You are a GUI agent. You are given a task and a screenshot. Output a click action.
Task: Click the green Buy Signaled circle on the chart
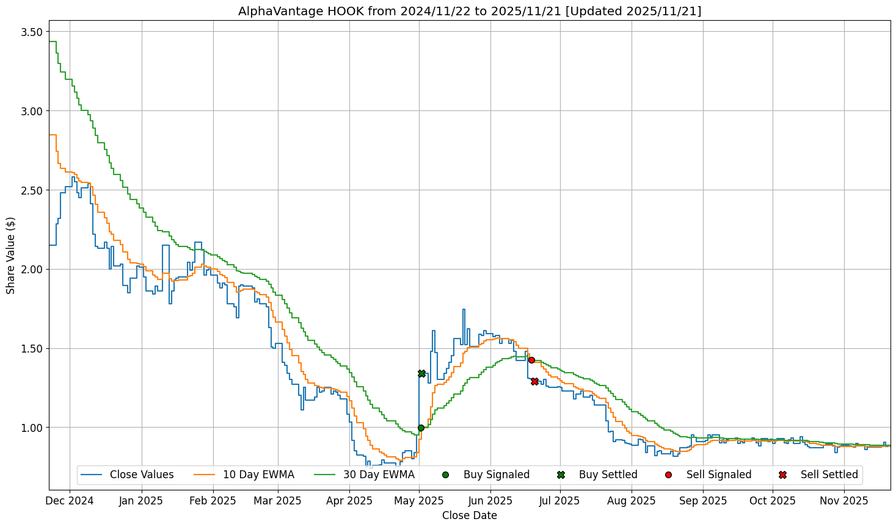coord(421,428)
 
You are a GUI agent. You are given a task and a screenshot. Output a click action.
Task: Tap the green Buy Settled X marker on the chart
coord(421,373)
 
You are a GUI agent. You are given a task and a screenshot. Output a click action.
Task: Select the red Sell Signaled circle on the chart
coord(531,360)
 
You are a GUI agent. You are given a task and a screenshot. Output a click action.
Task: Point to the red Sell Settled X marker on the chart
coord(534,381)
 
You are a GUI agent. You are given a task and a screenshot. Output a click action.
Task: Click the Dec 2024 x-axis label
coord(70,501)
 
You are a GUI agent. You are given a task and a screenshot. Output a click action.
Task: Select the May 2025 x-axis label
coord(419,501)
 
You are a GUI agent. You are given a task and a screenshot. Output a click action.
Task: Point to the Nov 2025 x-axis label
coord(843,501)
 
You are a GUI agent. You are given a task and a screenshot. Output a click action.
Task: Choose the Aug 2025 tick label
coord(632,501)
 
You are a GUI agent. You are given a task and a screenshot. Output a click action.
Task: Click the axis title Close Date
coord(469,516)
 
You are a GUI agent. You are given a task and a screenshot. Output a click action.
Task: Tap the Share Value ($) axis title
coord(11,255)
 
